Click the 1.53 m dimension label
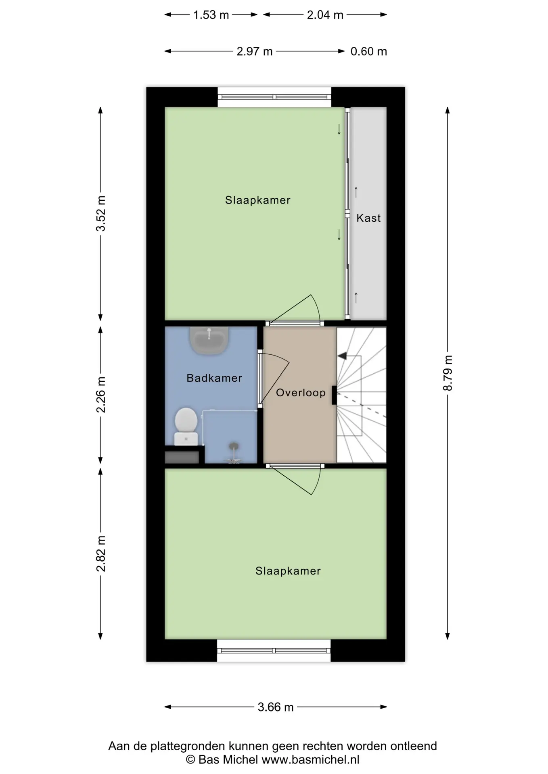[211, 15]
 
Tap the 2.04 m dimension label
[325, 15]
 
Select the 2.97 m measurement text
[255, 52]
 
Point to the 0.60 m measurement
[369, 52]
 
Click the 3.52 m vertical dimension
[101, 214]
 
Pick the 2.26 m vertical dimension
[101, 395]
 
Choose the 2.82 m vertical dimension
[101, 553]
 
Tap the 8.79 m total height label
[448, 373]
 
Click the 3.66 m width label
[276, 707]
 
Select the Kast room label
[368, 218]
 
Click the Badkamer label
[214, 378]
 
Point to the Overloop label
[301, 393]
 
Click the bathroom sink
[209, 340]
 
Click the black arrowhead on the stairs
[342, 356]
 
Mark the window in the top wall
[274, 97]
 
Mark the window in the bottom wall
[274, 650]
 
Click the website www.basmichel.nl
[310, 760]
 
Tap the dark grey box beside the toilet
[182, 457]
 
